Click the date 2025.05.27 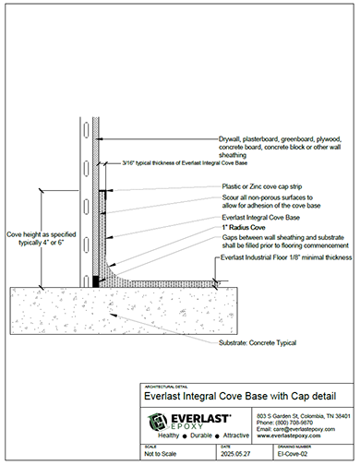[x=204, y=453]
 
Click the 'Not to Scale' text [x=159, y=453]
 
